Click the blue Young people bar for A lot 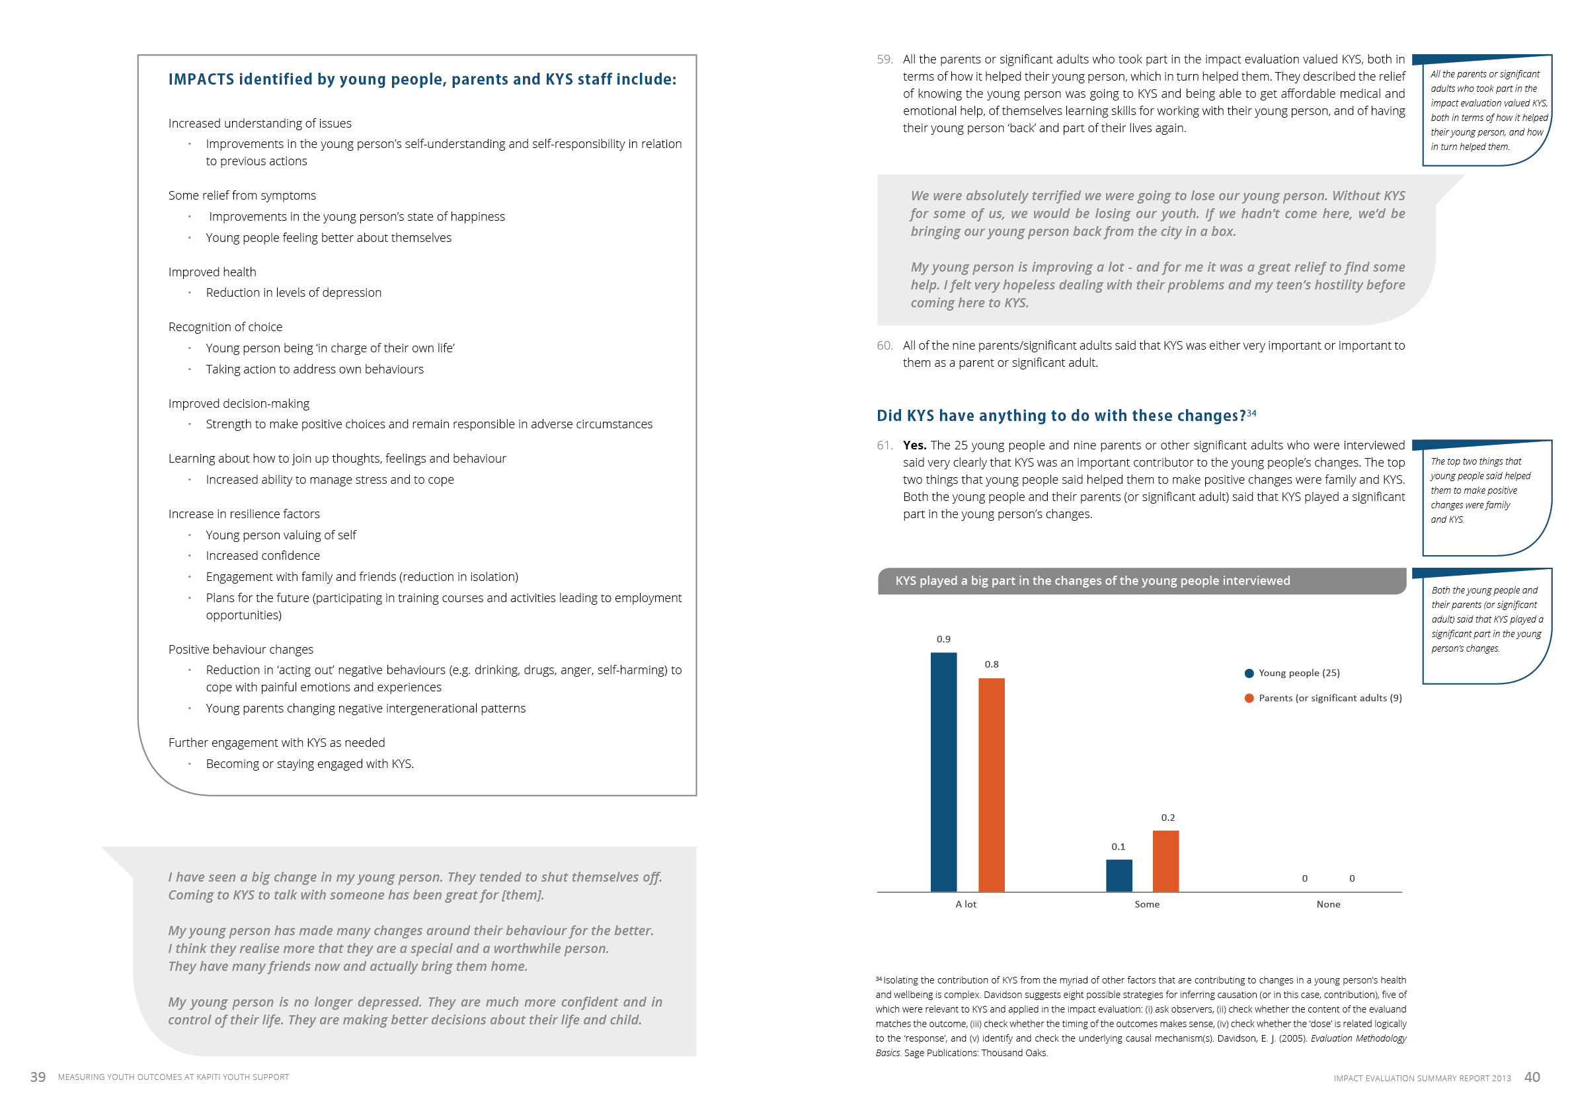point(943,772)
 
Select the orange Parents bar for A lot point(992,785)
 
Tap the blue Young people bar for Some point(1119,875)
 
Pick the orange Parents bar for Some point(1165,861)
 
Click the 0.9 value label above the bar point(943,638)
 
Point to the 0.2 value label point(1167,818)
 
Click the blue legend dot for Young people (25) point(1249,673)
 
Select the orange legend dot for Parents point(1249,698)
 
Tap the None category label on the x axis point(1328,904)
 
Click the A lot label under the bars point(965,904)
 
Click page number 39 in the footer point(38,1077)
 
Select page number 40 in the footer point(1532,1077)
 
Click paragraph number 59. point(885,59)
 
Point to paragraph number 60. point(885,346)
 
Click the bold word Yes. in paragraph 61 point(914,445)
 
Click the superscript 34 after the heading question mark point(1251,412)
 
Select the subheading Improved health point(212,272)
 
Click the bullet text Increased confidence point(262,556)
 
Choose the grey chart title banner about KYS point(1142,580)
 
